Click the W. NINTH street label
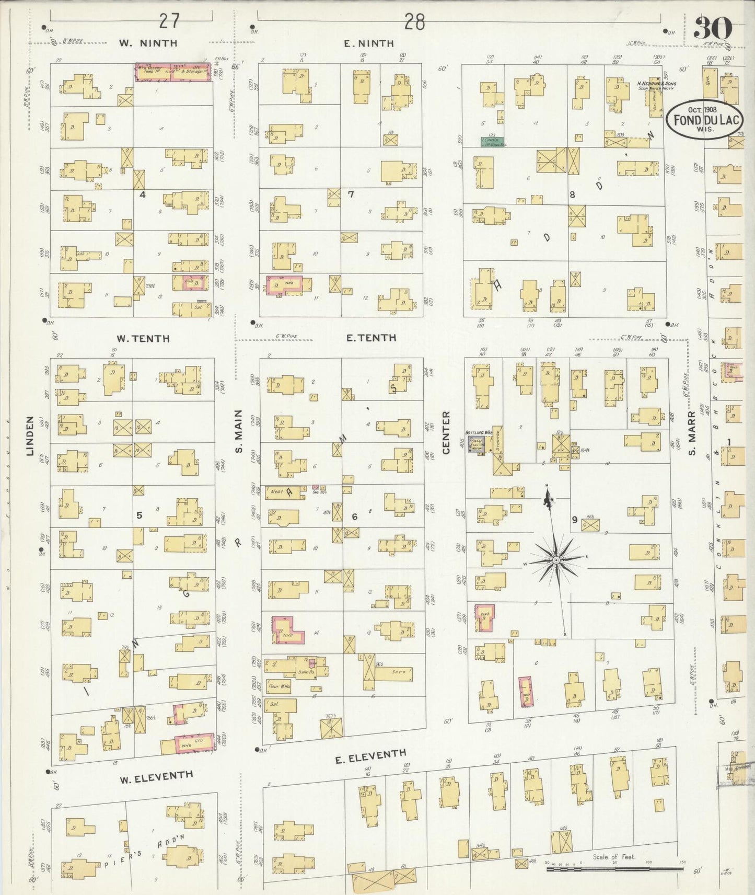pos(148,43)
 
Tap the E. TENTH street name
pos(370,338)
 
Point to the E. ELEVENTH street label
pos(370,756)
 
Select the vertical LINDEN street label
pos(30,435)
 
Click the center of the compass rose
pos(556,560)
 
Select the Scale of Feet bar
pos(614,868)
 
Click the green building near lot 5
pos(492,141)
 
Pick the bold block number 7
pos(351,194)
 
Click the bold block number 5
pos(139,515)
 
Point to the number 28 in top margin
pos(414,22)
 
